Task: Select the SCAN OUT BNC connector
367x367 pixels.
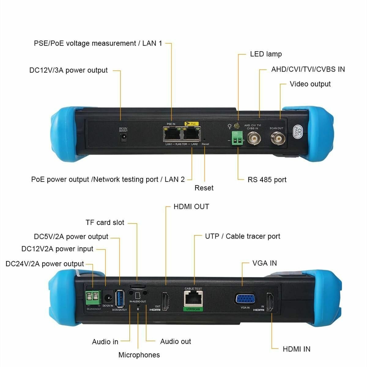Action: [x=277, y=139]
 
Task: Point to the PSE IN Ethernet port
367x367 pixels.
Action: [x=172, y=134]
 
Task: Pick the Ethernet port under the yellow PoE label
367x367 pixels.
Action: [x=191, y=134]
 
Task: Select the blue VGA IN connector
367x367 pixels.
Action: [x=246, y=299]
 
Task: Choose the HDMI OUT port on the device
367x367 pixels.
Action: [x=165, y=301]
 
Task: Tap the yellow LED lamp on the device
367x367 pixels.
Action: [x=237, y=126]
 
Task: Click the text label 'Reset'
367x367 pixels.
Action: [x=204, y=188]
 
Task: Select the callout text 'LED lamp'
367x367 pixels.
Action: [x=266, y=54]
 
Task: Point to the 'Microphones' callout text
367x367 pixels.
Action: [x=139, y=355]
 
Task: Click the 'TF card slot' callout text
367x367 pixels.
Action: [x=105, y=222]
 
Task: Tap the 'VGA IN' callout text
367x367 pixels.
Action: [x=265, y=263]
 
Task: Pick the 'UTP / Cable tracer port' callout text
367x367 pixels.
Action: [x=243, y=236]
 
